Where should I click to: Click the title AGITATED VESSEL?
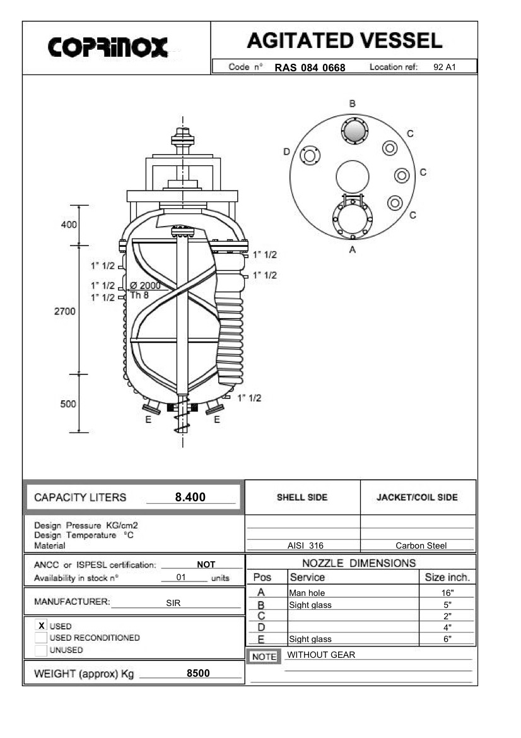coord(344,41)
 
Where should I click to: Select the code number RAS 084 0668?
coord(310,68)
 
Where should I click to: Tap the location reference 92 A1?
coord(445,67)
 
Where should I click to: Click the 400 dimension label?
coord(68,225)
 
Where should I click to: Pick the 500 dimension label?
coord(68,404)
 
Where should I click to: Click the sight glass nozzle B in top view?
coord(354,131)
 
